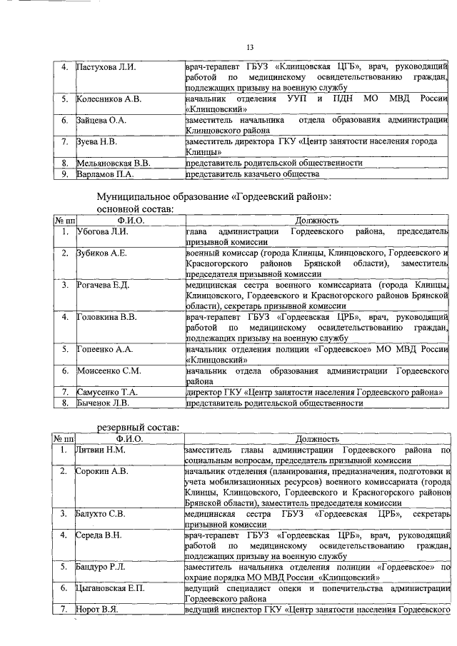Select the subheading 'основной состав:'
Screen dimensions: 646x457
pos(135,209)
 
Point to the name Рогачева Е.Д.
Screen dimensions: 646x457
pos(103,286)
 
